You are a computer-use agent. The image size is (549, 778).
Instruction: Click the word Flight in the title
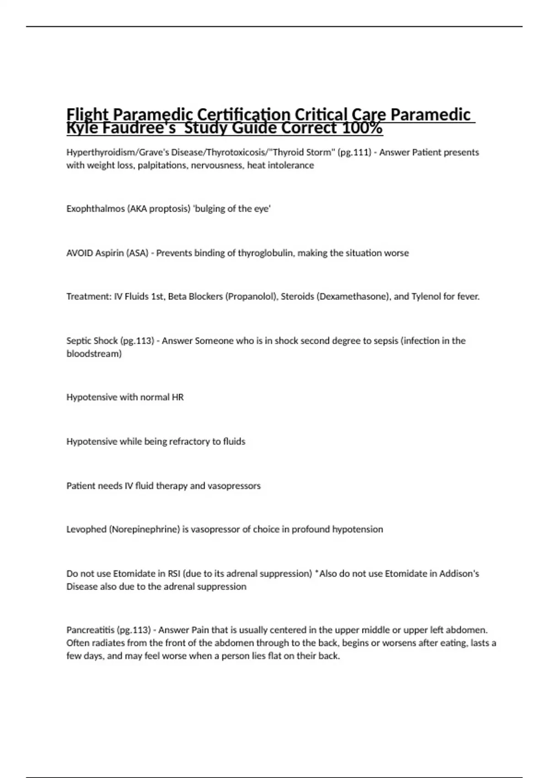[87, 114]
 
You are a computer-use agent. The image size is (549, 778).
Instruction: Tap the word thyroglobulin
[265, 253]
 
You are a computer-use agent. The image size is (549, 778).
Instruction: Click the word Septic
[78, 341]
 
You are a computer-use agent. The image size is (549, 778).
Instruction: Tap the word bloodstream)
[94, 354]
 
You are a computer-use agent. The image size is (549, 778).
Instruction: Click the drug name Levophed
[86, 529]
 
